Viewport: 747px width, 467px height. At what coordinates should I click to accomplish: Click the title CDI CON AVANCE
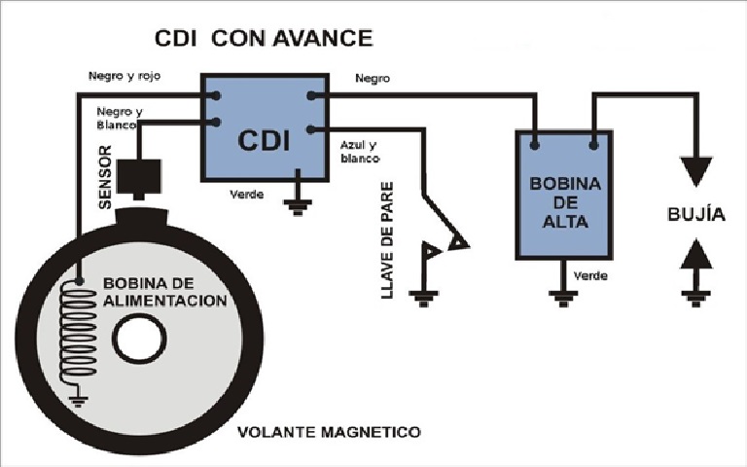[x=265, y=39]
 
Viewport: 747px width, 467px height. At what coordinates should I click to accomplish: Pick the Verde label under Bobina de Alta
[x=590, y=276]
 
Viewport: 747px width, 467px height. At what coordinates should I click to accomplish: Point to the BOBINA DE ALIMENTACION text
[x=164, y=292]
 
